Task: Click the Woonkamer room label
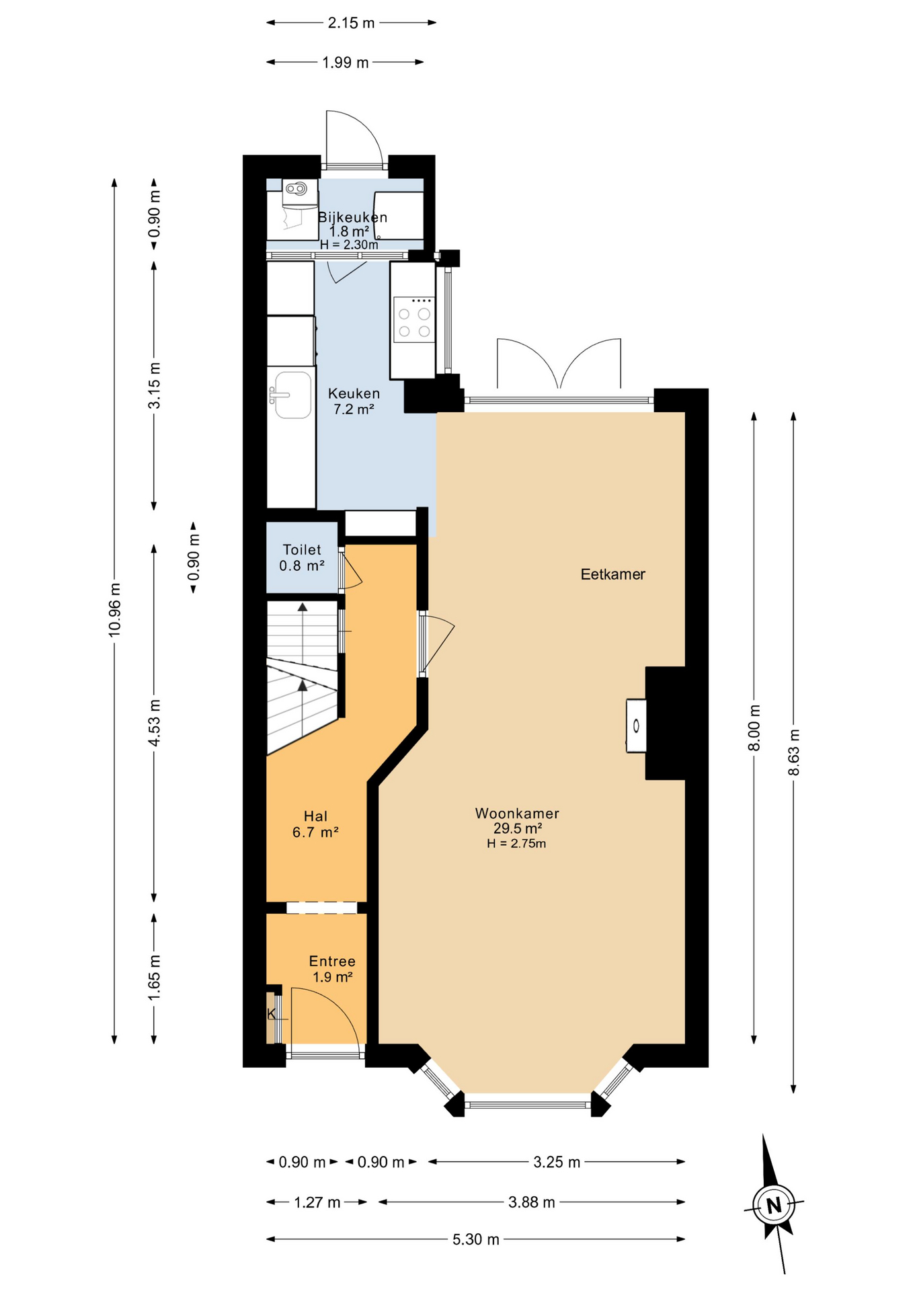517,813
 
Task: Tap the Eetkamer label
612,574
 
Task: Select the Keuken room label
354,393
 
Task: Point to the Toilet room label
302,549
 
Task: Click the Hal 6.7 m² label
315,824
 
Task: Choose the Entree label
332,961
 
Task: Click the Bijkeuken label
352,217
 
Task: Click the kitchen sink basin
293,395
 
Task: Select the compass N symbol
774,1205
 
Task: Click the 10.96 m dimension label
115,609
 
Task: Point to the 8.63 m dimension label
794,752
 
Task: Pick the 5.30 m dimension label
476,1239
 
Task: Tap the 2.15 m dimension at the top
351,23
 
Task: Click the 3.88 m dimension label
532,1202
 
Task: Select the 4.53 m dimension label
155,723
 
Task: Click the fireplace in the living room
636,726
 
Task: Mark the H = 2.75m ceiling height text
516,844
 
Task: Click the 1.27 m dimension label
317,1202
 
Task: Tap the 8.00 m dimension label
754,728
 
